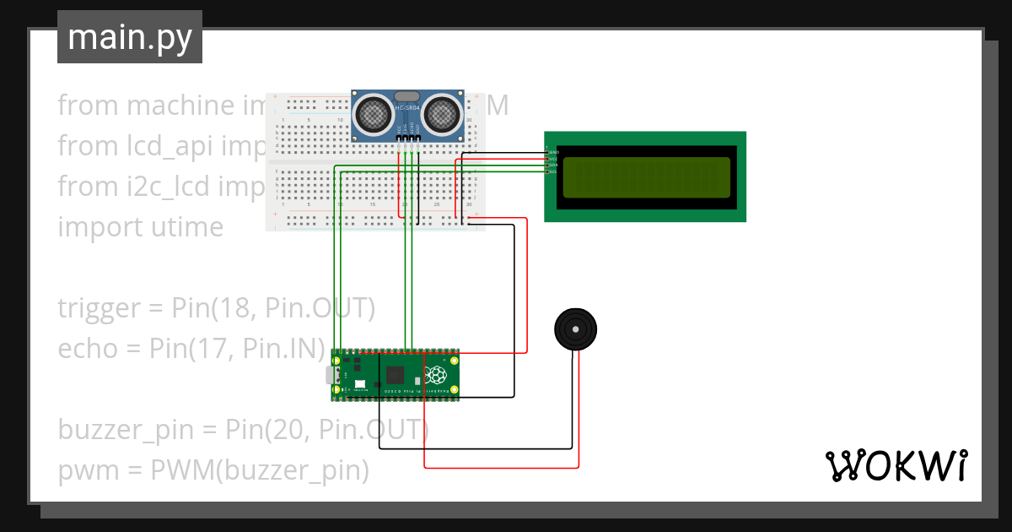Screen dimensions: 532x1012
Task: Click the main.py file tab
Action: click(x=129, y=38)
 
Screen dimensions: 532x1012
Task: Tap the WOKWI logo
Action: click(x=895, y=465)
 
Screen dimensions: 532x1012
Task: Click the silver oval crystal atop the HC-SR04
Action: click(x=406, y=95)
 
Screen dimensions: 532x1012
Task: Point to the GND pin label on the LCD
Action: click(x=554, y=153)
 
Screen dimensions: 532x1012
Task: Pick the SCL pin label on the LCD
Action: click(x=554, y=171)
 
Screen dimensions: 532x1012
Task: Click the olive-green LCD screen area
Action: click(x=645, y=177)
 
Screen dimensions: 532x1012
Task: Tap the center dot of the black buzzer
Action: click(x=575, y=329)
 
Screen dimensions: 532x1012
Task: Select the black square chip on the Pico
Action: click(x=394, y=375)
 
